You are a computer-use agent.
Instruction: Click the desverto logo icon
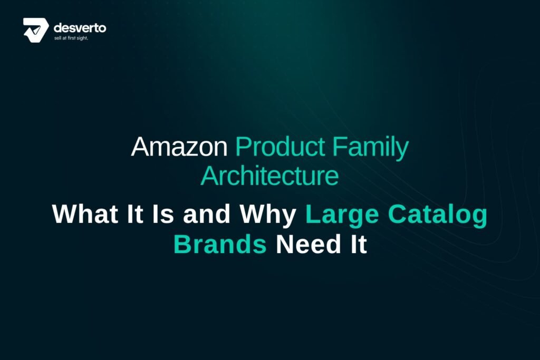(x=36, y=30)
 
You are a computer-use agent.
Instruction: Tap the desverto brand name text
(x=80, y=27)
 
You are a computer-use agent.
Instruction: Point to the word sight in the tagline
(x=82, y=38)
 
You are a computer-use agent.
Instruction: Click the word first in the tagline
(x=72, y=38)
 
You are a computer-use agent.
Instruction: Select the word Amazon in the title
(x=179, y=147)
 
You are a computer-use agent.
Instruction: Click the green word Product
(x=280, y=147)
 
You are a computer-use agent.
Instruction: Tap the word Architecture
(x=269, y=176)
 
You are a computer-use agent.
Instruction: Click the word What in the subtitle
(x=85, y=214)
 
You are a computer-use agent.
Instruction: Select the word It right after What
(x=135, y=214)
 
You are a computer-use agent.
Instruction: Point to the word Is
(x=163, y=214)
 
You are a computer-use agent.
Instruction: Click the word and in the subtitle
(x=207, y=214)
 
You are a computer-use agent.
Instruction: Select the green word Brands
(x=220, y=244)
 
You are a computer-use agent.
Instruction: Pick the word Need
(x=308, y=244)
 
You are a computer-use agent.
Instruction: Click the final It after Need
(x=359, y=244)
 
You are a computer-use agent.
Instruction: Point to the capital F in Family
(x=340, y=147)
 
